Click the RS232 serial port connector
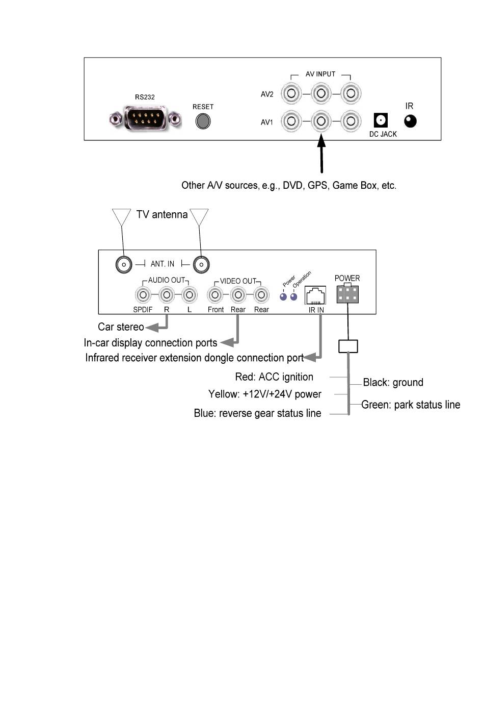coord(145,118)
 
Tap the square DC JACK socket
coord(381,120)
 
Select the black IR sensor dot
coord(410,121)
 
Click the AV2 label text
coord(267,94)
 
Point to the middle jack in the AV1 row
coord(321,121)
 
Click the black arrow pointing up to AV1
coord(321,154)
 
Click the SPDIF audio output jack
coord(143,295)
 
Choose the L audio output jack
coord(190,295)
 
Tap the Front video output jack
coord(215,295)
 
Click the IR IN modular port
coord(315,295)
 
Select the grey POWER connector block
coord(347,293)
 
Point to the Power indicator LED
coord(283,297)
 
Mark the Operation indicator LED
coord(293,297)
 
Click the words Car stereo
coord(121,327)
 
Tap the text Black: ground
coord(393,382)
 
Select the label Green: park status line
coord(411,405)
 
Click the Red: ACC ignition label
coord(274,377)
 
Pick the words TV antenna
coord(162,214)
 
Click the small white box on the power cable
coord(348,346)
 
